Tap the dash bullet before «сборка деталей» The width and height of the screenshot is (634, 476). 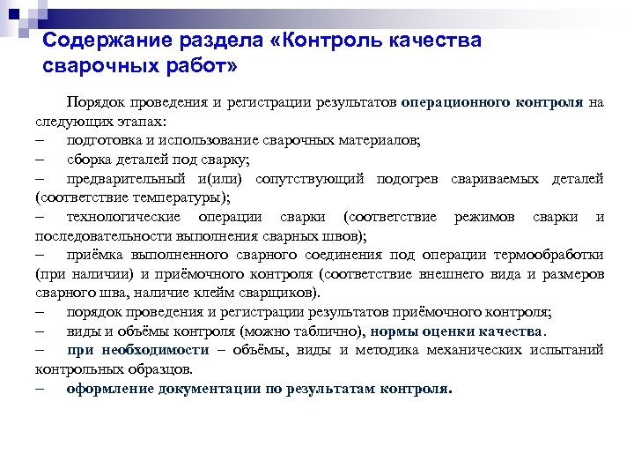click(x=41, y=160)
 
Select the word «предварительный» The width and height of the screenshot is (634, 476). click(x=123, y=179)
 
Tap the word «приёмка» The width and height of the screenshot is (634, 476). click(x=94, y=255)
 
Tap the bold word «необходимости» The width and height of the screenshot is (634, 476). click(x=147, y=350)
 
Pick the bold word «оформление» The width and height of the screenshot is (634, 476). click(x=109, y=388)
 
